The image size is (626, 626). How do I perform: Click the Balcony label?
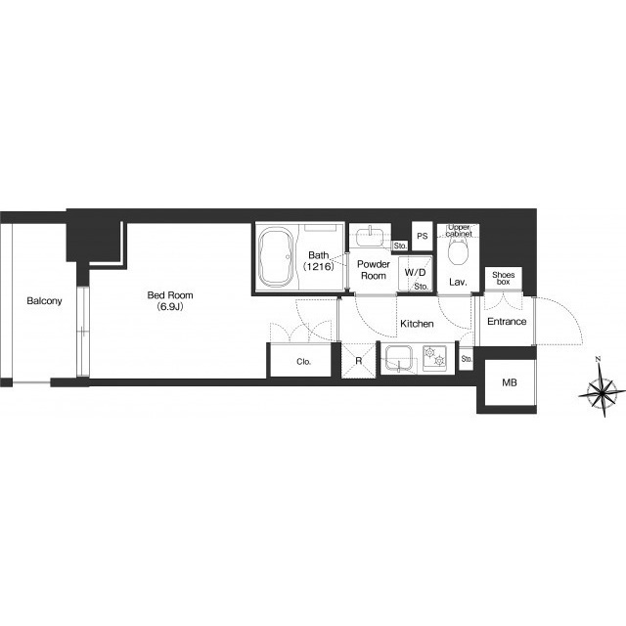tap(44, 300)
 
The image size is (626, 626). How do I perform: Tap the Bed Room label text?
tap(170, 295)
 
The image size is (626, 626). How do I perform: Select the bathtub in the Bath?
tap(276, 257)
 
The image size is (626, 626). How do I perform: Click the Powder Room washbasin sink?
tap(370, 237)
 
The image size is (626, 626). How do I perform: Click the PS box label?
tap(423, 236)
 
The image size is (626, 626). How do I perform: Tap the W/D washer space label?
tap(415, 273)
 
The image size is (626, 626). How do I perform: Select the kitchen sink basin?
tap(398, 358)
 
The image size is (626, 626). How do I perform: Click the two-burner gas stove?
tap(434, 358)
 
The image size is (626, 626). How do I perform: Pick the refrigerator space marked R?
tap(359, 361)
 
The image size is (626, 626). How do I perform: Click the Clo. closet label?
tap(303, 362)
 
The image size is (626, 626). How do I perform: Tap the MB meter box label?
tap(510, 382)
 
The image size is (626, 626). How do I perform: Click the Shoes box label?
tap(504, 278)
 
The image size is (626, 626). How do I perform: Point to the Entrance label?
tap(507, 322)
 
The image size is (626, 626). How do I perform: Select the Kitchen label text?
tap(417, 324)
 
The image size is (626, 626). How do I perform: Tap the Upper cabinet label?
tap(459, 231)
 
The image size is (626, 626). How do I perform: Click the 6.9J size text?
tap(170, 306)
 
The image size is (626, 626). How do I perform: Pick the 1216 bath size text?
tap(318, 267)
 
